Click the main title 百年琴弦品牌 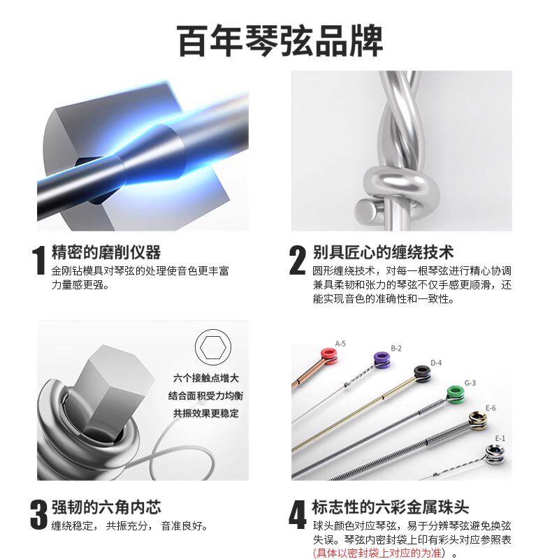pyautogui.click(x=279, y=41)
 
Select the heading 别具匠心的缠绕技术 pyautogui.click(x=383, y=252)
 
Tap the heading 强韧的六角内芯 pyautogui.click(x=106, y=507)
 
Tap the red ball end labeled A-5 pyautogui.click(x=328, y=354)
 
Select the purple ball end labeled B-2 pyautogui.click(x=381, y=360)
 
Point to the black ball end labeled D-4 pyautogui.click(x=421, y=373)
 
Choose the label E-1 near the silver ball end pyautogui.click(x=500, y=438)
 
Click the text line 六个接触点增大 pyautogui.click(x=206, y=378)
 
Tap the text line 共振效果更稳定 pyautogui.click(x=206, y=413)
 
